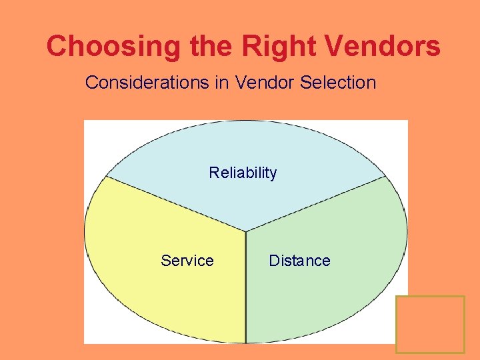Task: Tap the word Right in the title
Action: pos(277,46)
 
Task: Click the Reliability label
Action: pos(243,173)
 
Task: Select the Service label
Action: pos(187,261)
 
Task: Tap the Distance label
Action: pos(299,261)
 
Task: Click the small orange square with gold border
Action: pos(430,324)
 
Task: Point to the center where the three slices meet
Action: pos(246,232)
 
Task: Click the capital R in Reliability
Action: pos(213,173)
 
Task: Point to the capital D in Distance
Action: pos(273,261)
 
